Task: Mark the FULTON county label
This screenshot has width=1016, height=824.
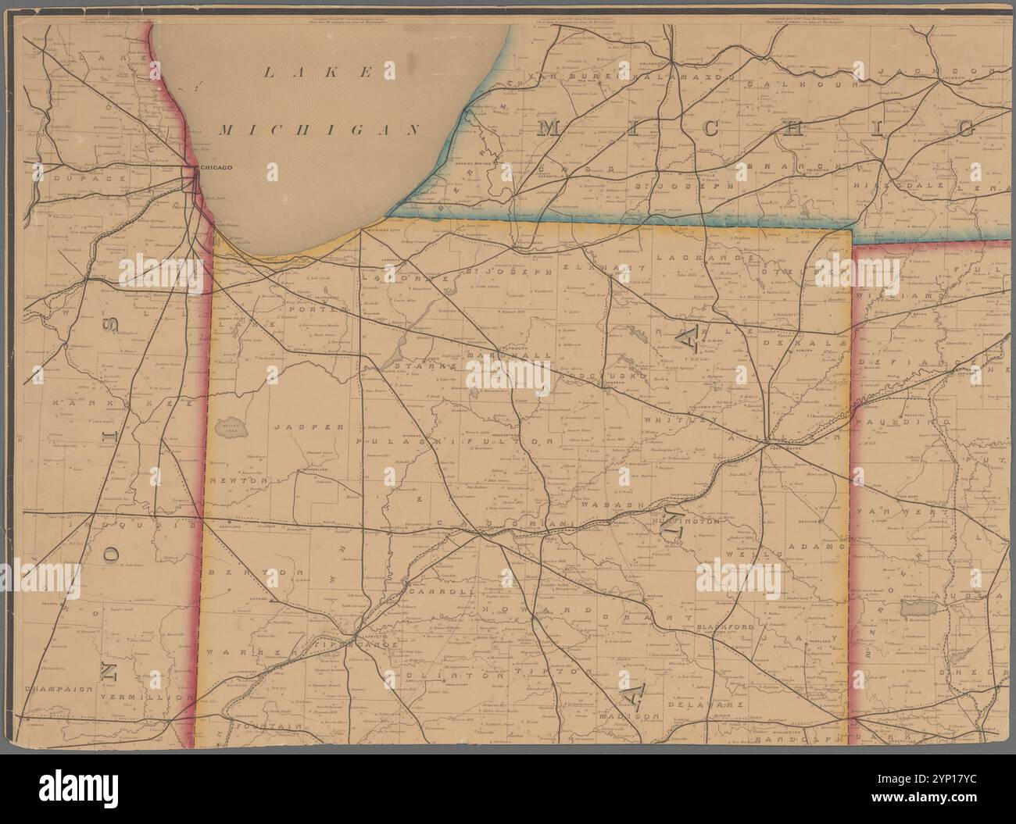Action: point(500,442)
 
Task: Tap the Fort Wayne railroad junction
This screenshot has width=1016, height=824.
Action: point(763,444)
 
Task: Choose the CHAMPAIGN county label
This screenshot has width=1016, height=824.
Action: point(59,690)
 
